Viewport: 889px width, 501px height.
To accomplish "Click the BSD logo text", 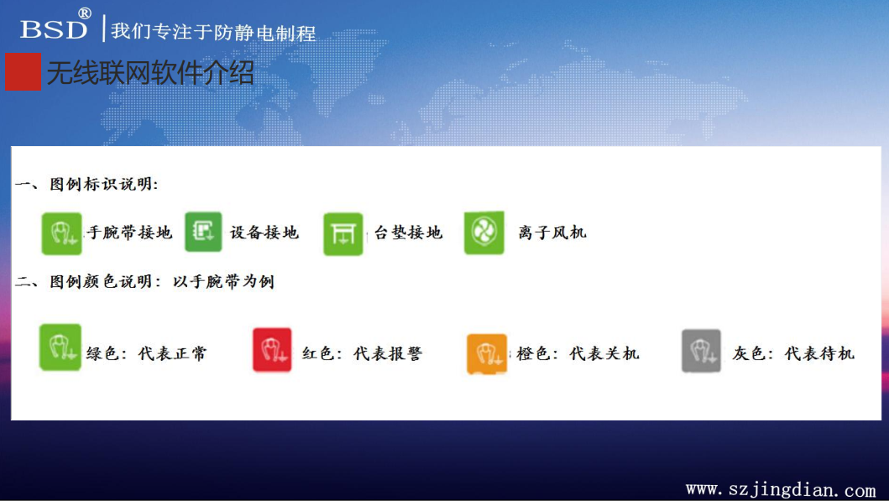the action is tap(54, 29).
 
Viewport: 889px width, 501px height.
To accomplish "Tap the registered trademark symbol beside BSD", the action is tap(85, 13).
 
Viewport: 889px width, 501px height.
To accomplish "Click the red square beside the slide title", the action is tap(24, 72).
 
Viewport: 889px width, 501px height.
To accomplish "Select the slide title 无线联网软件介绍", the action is tap(151, 73).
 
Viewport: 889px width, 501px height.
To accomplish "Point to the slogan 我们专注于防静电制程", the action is tap(213, 32).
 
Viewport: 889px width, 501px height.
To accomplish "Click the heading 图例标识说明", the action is tap(104, 184).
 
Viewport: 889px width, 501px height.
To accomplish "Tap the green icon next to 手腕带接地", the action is tap(62, 233).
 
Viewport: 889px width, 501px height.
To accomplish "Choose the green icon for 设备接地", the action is tap(203, 232).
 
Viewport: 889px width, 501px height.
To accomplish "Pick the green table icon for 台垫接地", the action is tap(343, 234).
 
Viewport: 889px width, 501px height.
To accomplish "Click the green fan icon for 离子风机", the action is tap(484, 232).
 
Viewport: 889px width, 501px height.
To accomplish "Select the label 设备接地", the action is tap(264, 232).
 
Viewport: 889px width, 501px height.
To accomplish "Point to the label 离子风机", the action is tap(552, 232).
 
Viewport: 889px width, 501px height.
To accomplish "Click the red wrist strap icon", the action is tap(272, 350).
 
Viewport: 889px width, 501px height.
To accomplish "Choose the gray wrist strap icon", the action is tap(701, 351).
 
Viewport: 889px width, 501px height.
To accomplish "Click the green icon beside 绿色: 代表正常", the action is tap(60, 347).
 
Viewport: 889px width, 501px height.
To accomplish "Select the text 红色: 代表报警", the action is tap(363, 353).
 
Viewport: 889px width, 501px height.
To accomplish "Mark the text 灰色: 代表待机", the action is tap(793, 353).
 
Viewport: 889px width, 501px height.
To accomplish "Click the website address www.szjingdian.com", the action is tap(781, 489).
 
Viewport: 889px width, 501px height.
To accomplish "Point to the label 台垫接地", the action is tap(408, 232).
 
